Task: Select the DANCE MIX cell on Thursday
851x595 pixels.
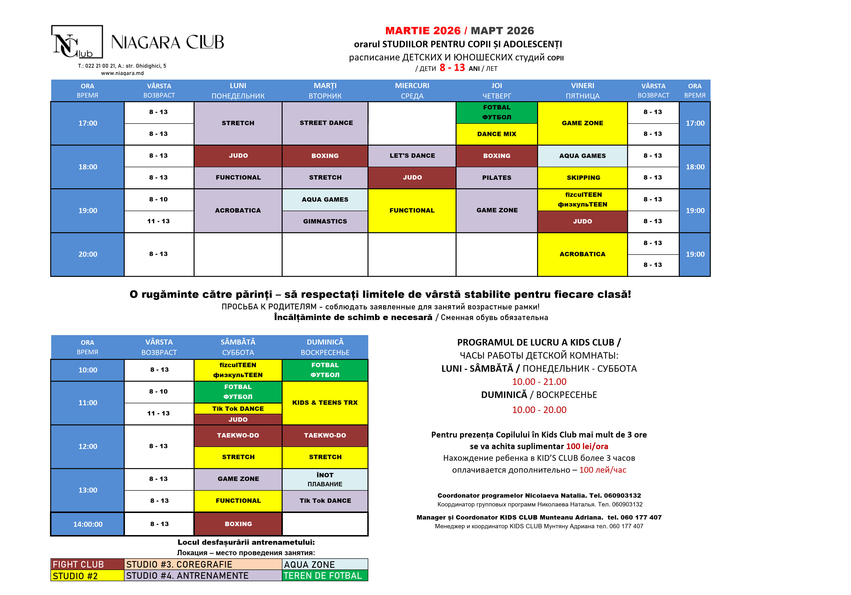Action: click(x=496, y=134)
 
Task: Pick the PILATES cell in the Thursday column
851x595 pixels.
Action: click(x=496, y=178)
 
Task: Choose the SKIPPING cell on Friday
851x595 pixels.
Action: click(x=583, y=178)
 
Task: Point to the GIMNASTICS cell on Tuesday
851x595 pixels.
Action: click(x=325, y=221)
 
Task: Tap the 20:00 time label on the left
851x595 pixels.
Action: click(x=88, y=254)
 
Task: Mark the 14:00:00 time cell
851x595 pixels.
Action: click(x=88, y=524)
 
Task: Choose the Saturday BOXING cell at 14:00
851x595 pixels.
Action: click(x=238, y=524)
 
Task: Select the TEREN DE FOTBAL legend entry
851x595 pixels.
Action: click(x=323, y=576)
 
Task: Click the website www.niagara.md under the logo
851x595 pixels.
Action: click(x=122, y=73)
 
